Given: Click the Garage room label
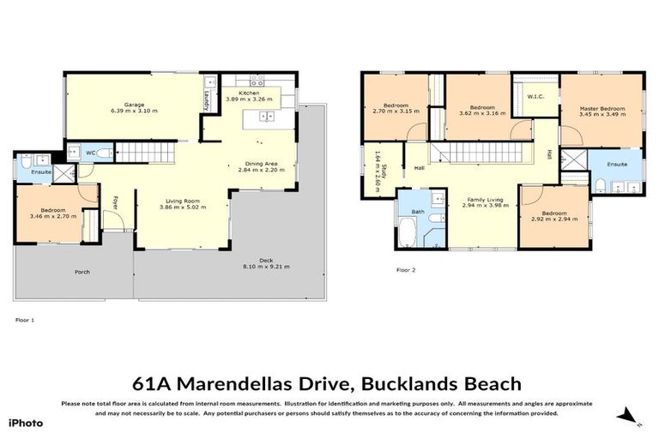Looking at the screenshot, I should click(x=133, y=105).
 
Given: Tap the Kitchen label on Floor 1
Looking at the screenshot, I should click(x=249, y=93).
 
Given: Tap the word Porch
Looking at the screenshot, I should click(x=82, y=272).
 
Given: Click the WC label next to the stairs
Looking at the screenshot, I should click(x=90, y=153).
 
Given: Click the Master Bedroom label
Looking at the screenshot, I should click(x=601, y=108).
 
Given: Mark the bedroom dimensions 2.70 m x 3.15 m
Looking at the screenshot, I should click(x=396, y=111).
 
